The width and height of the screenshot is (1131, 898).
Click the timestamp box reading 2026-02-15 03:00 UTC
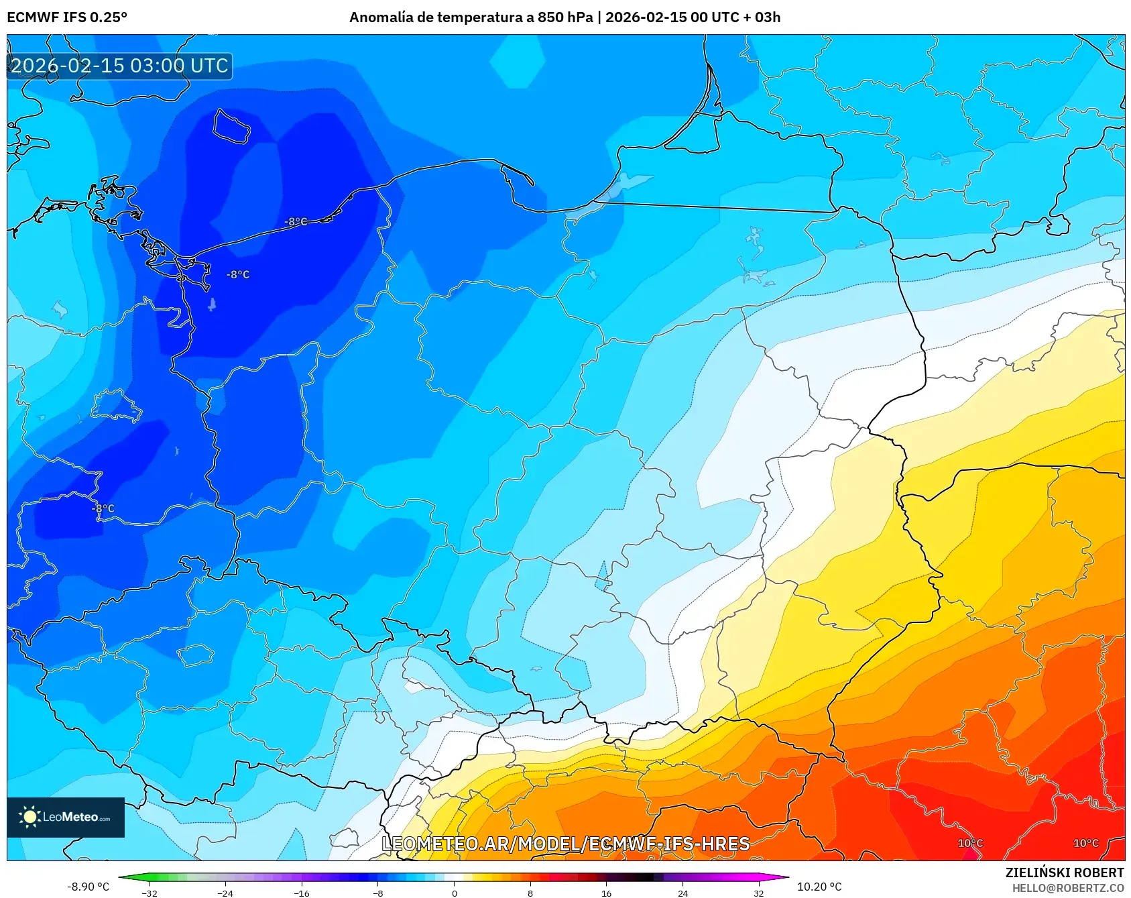coord(119,66)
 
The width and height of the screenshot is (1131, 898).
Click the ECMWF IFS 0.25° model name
coord(67,17)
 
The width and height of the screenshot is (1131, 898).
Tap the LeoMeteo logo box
coord(66,817)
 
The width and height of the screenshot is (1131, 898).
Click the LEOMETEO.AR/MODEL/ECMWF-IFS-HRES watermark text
coord(565,844)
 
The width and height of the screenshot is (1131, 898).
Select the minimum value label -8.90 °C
coord(88,887)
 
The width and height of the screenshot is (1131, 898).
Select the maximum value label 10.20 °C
coord(819,887)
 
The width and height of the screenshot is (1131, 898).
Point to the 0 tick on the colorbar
coord(455,893)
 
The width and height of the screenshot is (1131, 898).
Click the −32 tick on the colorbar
coord(150,893)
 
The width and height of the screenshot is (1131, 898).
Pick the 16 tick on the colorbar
coord(606,893)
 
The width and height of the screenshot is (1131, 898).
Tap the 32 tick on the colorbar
coord(758,893)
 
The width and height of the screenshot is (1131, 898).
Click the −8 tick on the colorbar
coord(378,893)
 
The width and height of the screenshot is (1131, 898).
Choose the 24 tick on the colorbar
coord(682,893)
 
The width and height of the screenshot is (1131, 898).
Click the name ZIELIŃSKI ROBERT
coord(1064,873)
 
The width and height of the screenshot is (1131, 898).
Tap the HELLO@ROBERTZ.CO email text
coord(1067,888)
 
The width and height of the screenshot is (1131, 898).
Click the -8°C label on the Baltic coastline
coord(296,221)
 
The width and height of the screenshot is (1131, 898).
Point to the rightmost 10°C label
coord(1085,843)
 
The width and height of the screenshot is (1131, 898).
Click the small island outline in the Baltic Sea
coord(231,126)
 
